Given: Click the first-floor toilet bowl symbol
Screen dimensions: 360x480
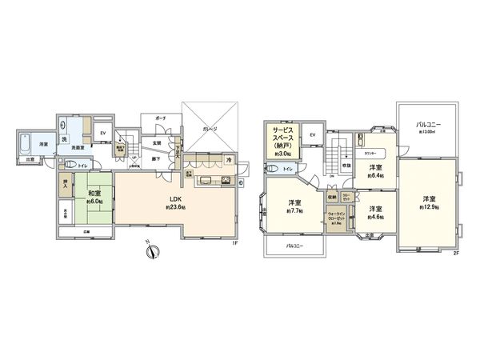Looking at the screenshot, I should [x=70, y=166].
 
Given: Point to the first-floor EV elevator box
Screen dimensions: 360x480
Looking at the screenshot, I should [x=102, y=134].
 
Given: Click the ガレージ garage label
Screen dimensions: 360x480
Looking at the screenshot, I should [x=210, y=127].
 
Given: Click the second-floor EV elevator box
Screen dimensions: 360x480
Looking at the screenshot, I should [x=311, y=134].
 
